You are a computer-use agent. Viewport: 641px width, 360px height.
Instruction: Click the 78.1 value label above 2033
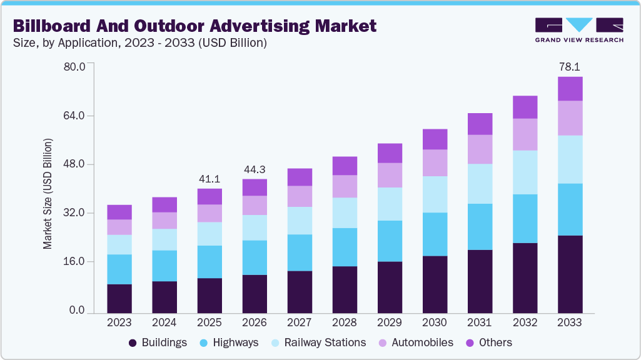coord(570,67)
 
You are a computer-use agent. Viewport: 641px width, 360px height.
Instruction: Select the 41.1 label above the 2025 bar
coord(209,178)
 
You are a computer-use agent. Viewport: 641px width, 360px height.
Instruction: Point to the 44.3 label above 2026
coord(255,169)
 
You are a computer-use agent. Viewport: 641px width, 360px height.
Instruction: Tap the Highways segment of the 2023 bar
coord(119,269)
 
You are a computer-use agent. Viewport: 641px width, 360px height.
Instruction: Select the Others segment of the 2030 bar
coord(435,139)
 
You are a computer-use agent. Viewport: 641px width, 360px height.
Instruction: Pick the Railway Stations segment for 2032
coord(525,172)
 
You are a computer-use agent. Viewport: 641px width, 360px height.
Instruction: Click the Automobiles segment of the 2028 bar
coord(345,186)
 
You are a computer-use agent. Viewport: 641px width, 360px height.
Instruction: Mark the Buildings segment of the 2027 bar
coord(300,292)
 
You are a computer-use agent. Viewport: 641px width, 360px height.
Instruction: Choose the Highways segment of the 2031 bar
coord(480,227)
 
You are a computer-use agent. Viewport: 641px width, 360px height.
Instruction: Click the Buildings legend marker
coord(133,342)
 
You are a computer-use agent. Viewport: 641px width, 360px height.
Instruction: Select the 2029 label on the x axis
coord(390,322)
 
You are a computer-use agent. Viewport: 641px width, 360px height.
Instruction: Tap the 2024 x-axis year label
coord(164,322)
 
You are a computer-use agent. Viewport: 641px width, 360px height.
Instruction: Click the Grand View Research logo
coord(578,29)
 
